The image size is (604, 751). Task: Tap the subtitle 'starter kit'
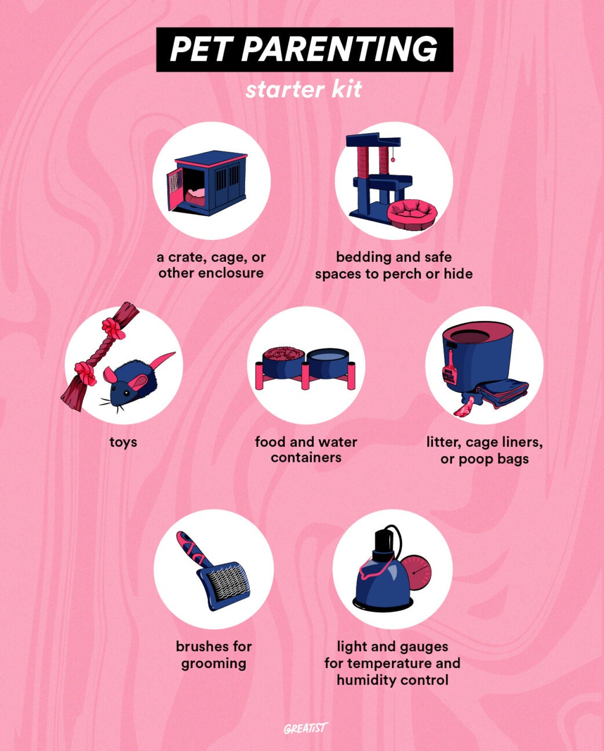click(x=303, y=90)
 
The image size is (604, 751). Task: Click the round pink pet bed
click(x=413, y=213)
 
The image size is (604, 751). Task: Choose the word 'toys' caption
click(x=123, y=442)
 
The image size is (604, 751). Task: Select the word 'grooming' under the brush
click(x=213, y=663)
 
